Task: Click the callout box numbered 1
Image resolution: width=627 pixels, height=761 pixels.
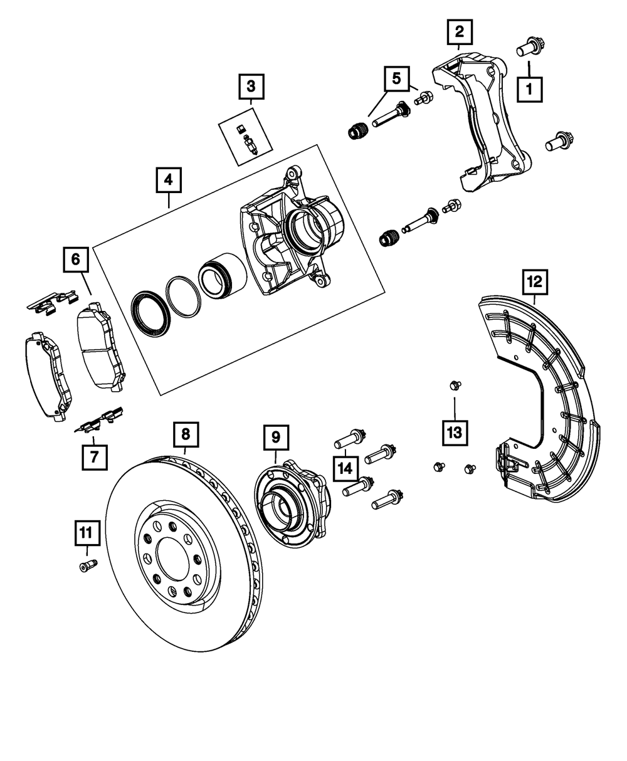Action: tap(529, 89)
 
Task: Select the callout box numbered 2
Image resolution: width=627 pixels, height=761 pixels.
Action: tap(459, 31)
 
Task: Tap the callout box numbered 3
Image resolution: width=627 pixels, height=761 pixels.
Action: tap(250, 86)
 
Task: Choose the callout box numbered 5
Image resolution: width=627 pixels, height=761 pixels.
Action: tap(396, 78)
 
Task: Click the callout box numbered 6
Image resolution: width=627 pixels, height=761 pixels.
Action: tap(75, 260)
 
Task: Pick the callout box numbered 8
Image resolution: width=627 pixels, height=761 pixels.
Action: tap(186, 433)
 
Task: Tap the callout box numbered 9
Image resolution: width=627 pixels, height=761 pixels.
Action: tap(276, 437)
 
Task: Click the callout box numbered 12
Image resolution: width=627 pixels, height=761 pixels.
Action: tap(534, 283)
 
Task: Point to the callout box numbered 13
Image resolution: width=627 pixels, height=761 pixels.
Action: tap(454, 431)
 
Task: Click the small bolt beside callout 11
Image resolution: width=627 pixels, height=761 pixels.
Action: tap(87, 566)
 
